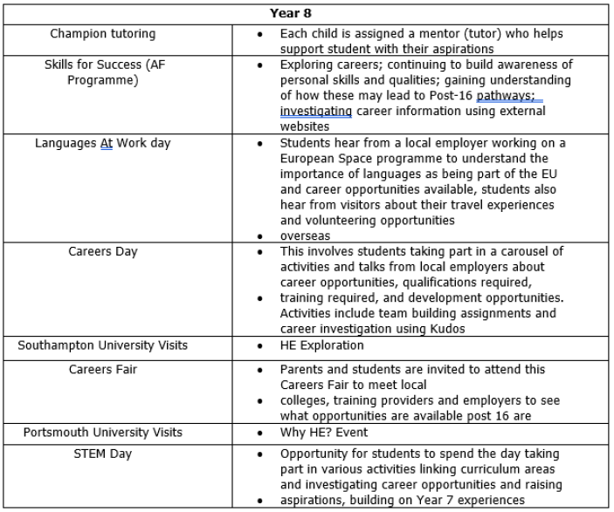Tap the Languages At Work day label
coord(103,142)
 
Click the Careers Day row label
coord(103,252)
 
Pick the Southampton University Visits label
coord(103,346)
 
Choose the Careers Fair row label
coord(103,370)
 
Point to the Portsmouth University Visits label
coord(103,433)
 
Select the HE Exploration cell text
coord(323,346)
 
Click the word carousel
coord(522,252)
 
